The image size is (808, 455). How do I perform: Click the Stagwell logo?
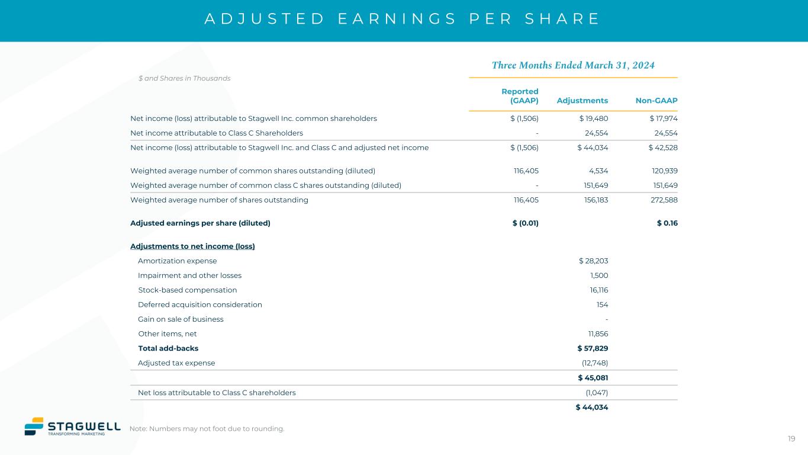65,427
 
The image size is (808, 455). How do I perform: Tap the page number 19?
791,438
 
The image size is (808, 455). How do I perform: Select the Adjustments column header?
582,101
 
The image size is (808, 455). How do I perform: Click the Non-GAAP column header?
656,101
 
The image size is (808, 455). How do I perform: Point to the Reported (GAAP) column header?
520,96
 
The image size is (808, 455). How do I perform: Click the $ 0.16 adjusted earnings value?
667,223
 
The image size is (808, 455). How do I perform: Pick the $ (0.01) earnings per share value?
525,223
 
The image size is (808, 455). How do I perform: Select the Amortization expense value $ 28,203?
593,261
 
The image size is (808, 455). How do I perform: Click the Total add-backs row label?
168,348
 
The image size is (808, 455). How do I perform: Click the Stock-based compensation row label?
187,290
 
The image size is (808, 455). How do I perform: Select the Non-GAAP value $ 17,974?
663,118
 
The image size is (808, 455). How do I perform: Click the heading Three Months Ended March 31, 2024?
573,65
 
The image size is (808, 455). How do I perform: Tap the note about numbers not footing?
207,429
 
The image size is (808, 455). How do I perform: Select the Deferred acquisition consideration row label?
199,305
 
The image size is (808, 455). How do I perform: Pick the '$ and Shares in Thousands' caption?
184,78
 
